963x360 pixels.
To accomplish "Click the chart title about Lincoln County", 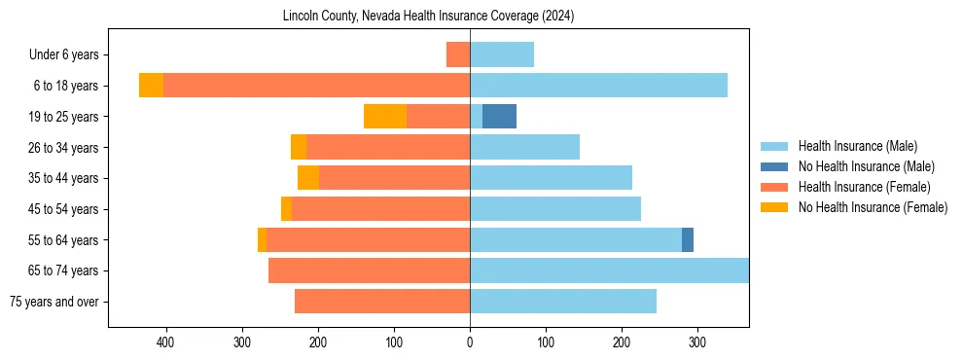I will tap(428, 17).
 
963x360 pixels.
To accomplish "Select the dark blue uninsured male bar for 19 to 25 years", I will tap(499, 117).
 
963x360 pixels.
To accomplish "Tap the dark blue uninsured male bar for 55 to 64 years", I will tap(688, 239).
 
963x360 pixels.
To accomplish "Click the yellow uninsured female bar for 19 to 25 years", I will tap(385, 117).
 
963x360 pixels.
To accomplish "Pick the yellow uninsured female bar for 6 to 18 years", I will tap(151, 86).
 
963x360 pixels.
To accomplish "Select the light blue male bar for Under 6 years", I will tap(502, 54).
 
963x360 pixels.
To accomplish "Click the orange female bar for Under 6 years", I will tap(458, 54).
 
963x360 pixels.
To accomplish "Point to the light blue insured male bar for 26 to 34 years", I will tap(525, 147).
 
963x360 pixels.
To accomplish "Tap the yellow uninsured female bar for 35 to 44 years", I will tap(308, 178).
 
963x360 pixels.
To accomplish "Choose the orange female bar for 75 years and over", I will tap(382, 302).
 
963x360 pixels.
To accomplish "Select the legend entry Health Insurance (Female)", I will tap(864, 187).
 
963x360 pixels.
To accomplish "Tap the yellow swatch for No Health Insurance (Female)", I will tap(774, 207).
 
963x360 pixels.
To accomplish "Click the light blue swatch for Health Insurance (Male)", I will tap(774, 146).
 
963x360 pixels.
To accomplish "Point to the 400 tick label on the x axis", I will tap(165, 342).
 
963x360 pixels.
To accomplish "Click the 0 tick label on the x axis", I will tap(470, 342).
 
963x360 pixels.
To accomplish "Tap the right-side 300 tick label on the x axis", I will tap(697, 342).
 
